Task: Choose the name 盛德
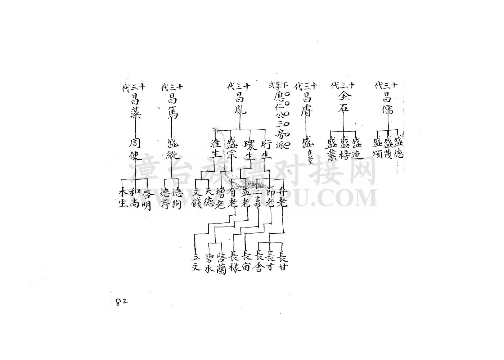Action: [x=399, y=147]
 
